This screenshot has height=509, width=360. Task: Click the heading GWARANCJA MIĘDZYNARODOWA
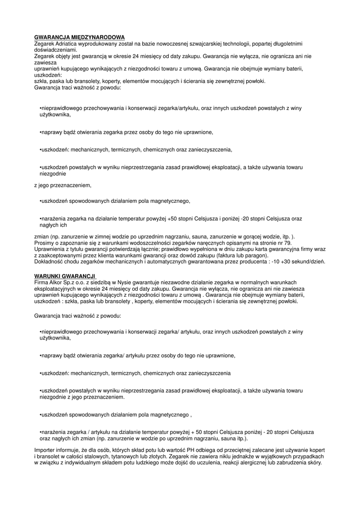tap(79, 37)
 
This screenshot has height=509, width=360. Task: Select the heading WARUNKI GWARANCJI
tap(65, 276)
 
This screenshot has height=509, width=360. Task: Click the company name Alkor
tap(57, 282)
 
